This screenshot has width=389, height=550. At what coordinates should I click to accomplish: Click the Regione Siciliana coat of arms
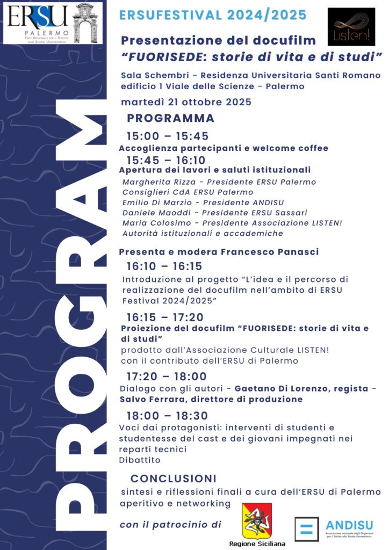256,521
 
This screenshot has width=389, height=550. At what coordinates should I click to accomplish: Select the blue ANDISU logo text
349,525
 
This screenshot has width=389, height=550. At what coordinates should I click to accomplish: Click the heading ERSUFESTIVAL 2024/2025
213,16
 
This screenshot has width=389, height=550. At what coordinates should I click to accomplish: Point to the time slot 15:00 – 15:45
167,136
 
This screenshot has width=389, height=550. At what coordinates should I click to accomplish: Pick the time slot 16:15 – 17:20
165,317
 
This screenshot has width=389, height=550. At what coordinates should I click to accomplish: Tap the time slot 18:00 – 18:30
167,416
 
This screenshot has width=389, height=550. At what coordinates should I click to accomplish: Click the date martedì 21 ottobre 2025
186,102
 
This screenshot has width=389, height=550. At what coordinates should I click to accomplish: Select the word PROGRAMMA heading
170,118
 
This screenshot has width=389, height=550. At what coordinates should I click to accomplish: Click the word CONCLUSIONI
174,478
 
